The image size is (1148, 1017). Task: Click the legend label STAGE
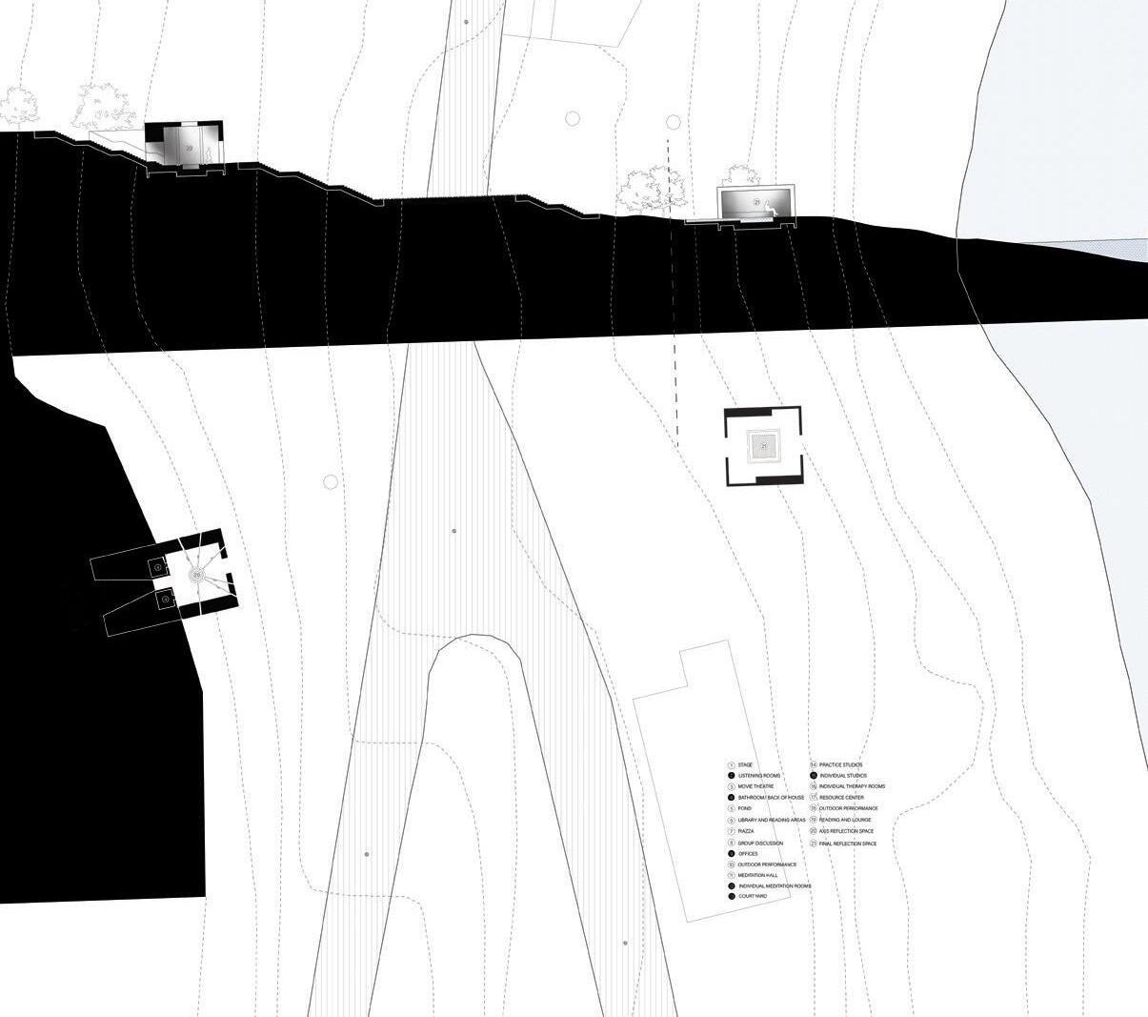click(745, 764)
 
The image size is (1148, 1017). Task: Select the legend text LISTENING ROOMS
click(758, 776)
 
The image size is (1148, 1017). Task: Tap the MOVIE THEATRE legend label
click(755, 786)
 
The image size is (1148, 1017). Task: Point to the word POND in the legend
click(744, 808)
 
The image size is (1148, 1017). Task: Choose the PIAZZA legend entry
click(746, 831)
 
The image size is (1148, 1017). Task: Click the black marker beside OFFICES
click(731, 854)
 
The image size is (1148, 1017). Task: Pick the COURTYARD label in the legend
click(752, 896)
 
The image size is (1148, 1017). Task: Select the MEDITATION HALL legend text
click(758, 875)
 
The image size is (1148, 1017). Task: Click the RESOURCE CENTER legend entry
click(841, 797)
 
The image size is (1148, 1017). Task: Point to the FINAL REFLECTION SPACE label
click(847, 844)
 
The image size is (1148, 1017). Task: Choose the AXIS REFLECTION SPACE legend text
click(846, 831)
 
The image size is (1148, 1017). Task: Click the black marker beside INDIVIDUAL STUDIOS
click(812, 776)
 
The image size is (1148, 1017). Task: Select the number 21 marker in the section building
click(758, 202)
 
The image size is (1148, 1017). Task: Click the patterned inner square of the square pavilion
click(763, 445)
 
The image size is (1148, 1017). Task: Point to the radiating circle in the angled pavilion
click(196, 575)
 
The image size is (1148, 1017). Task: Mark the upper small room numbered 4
click(157, 567)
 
